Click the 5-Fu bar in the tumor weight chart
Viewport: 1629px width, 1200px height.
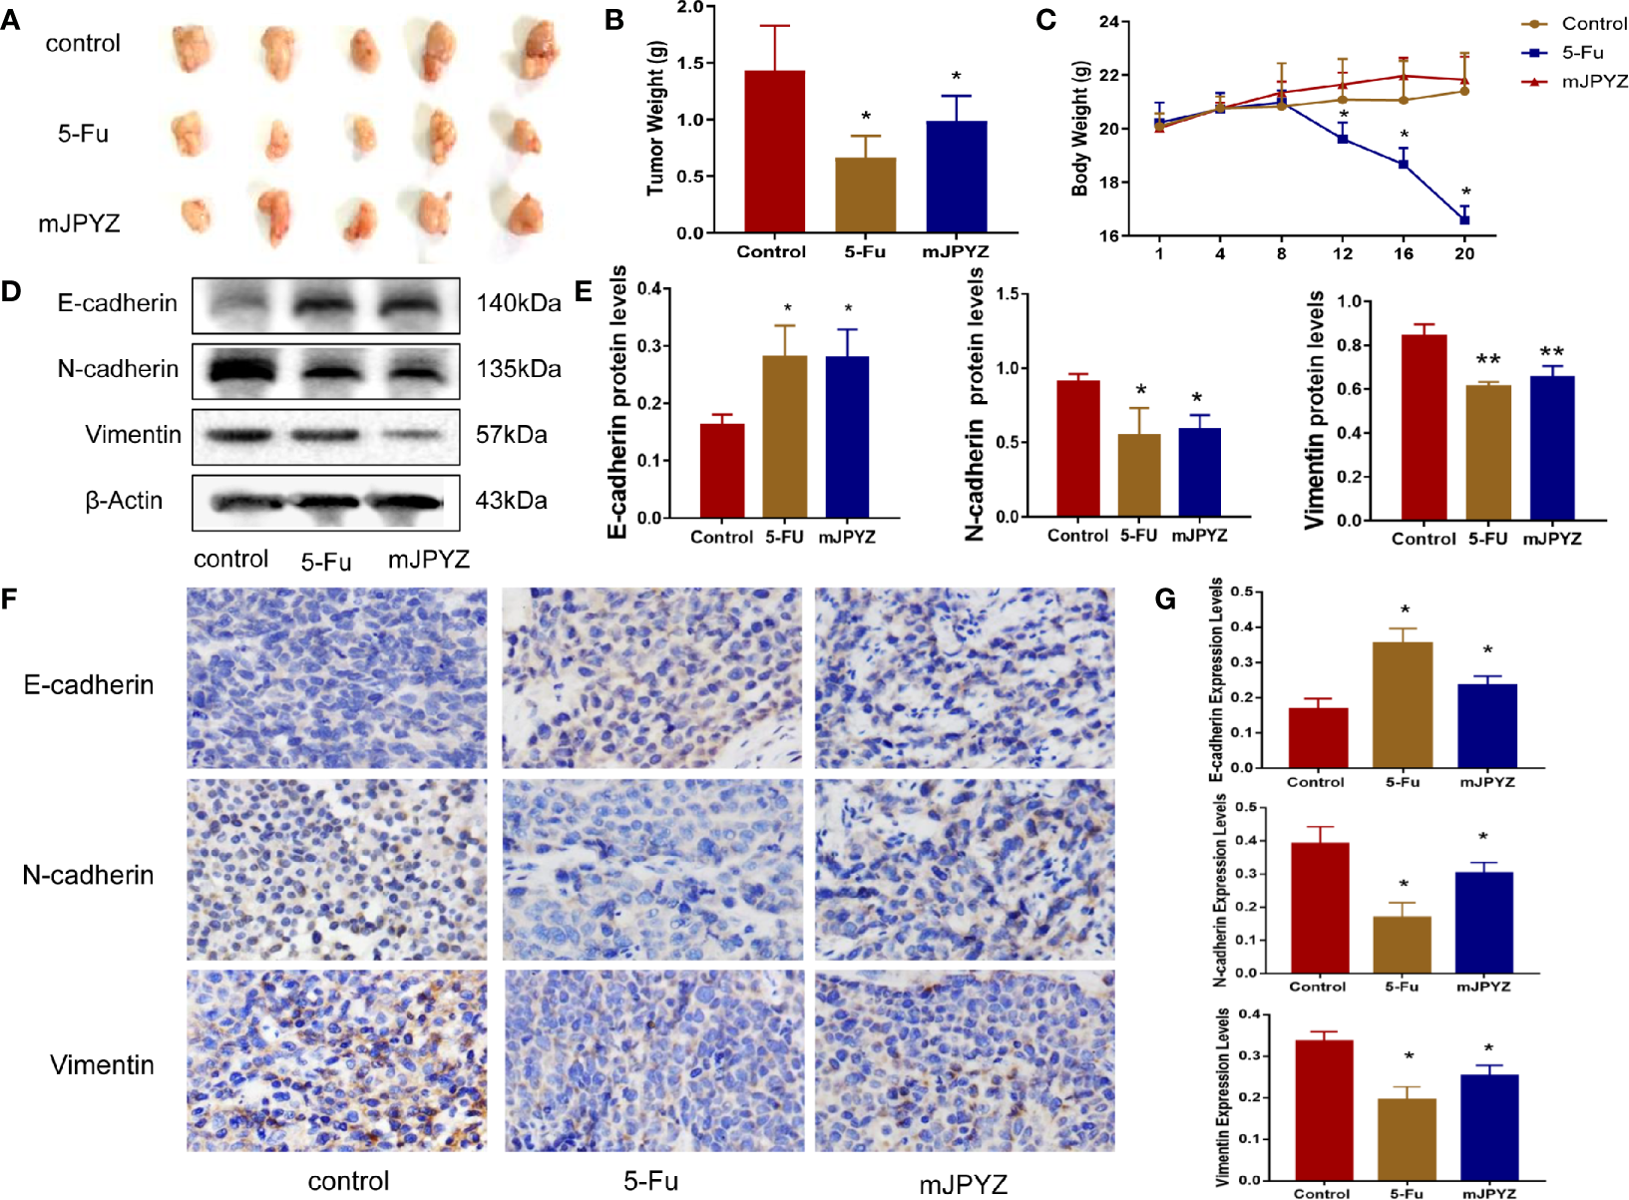tap(865, 195)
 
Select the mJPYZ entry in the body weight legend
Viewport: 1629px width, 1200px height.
tap(1593, 82)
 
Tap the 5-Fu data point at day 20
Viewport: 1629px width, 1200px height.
tap(1463, 219)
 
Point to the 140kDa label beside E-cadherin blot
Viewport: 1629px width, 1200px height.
tap(518, 303)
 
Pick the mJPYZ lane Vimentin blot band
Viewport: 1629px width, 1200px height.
tap(413, 435)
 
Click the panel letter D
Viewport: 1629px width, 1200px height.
tap(11, 291)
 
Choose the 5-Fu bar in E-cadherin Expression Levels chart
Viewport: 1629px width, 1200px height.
tap(1402, 704)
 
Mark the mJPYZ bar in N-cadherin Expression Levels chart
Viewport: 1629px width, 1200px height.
tap(1483, 922)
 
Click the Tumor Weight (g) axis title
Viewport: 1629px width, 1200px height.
tap(654, 119)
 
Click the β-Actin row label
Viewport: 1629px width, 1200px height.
tap(124, 501)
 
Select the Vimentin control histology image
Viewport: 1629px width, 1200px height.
tap(336, 1060)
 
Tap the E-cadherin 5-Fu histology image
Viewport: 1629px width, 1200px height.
tap(650, 678)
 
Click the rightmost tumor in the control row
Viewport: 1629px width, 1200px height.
tap(536, 47)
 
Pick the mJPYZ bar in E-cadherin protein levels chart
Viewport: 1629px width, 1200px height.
tap(847, 437)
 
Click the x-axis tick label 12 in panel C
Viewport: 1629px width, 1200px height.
tap(1343, 253)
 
